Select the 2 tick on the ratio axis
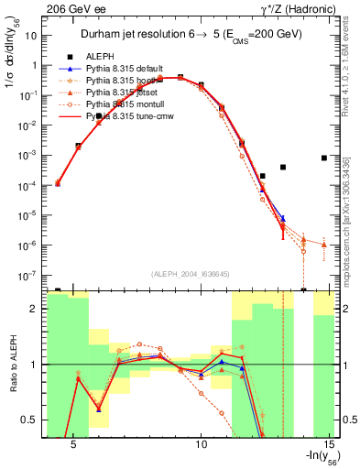[33, 309]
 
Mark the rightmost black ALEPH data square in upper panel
[324, 158]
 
